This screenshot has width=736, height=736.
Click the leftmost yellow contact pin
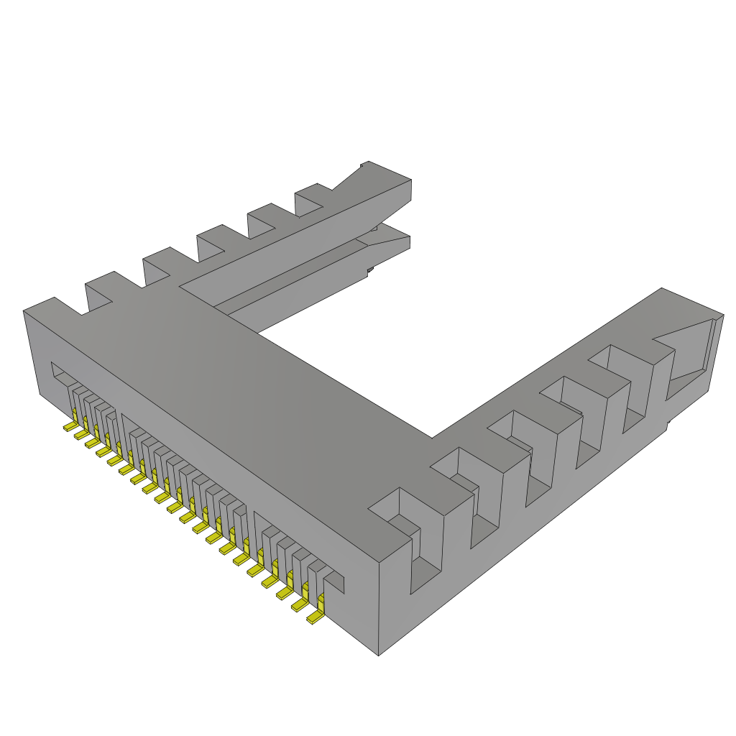point(70,426)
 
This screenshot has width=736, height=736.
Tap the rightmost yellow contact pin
point(315,616)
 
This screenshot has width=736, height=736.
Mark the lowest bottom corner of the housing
point(379,655)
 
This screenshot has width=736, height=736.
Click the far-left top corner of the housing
point(24,310)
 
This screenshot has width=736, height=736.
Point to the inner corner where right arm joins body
point(432,437)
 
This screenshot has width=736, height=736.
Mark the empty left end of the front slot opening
point(59,377)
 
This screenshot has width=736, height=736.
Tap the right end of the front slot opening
point(336,582)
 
